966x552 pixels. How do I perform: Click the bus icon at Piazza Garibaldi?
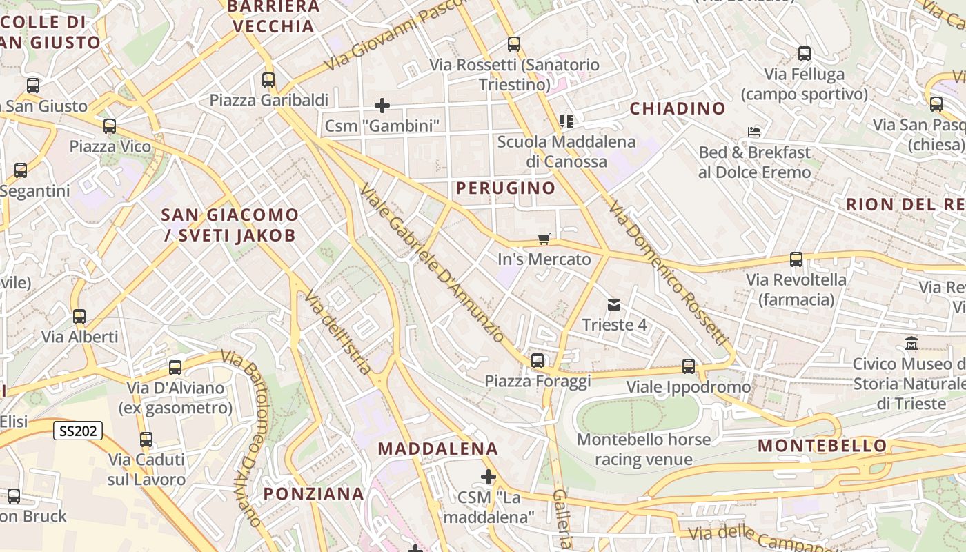[x=268, y=80]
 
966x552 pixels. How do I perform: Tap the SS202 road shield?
[x=79, y=431]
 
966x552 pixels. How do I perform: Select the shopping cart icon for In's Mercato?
[x=544, y=239]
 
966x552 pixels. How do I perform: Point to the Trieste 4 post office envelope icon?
[x=613, y=305]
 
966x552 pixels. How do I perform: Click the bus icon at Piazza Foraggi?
[x=538, y=361]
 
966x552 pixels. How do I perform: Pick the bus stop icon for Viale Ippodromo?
[x=689, y=366]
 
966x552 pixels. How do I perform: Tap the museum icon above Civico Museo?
[x=911, y=343]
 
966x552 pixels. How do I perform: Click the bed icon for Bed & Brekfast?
[x=754, y=132]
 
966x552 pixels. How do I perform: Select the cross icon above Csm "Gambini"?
[x=382, y=106]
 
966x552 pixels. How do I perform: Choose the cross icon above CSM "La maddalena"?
[x=489, y=477]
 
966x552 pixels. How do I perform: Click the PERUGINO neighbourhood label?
[x=506, y=188]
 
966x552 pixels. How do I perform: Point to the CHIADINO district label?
[x=678, y=108]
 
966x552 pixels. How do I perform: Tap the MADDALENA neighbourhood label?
[x=438, y=448]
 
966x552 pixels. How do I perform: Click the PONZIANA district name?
[x=314, y=493]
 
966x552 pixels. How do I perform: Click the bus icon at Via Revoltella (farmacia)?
[x=796, y=260]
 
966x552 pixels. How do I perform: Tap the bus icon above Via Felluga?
[x=805, y=54]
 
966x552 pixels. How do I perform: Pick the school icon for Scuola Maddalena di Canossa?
[x=566, y=122]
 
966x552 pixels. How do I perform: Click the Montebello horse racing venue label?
[x=644, y=449]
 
